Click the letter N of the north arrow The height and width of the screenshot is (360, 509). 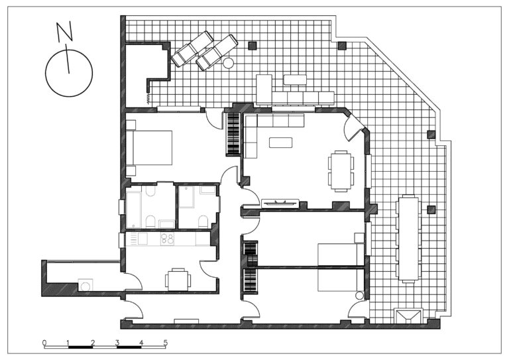tap(64, 32)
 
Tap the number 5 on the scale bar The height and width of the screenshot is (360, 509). tap(165, 343)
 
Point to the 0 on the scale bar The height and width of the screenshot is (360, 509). tap(44, 343)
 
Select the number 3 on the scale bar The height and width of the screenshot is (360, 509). tap(117, 343)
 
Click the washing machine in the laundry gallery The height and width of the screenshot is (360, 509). tap(85, 285)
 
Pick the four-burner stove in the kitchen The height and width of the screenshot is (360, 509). tap(167, 239)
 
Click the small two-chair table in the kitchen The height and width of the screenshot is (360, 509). tap(178, 280)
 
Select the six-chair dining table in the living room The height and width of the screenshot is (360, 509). tap(341, 171)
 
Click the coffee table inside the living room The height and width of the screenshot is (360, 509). tap(280, 143)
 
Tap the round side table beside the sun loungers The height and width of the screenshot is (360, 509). tap(229, 62)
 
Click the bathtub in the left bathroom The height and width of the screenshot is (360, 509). tap(134, 210)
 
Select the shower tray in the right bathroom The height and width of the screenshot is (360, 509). tap(187, 197)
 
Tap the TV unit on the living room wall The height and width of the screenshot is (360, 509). tap(280, 203)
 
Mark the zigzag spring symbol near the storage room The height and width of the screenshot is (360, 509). tap(148, 98)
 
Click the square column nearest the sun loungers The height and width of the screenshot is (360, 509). tap(253, 46)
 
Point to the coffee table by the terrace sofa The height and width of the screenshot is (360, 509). tap(295, 80)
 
